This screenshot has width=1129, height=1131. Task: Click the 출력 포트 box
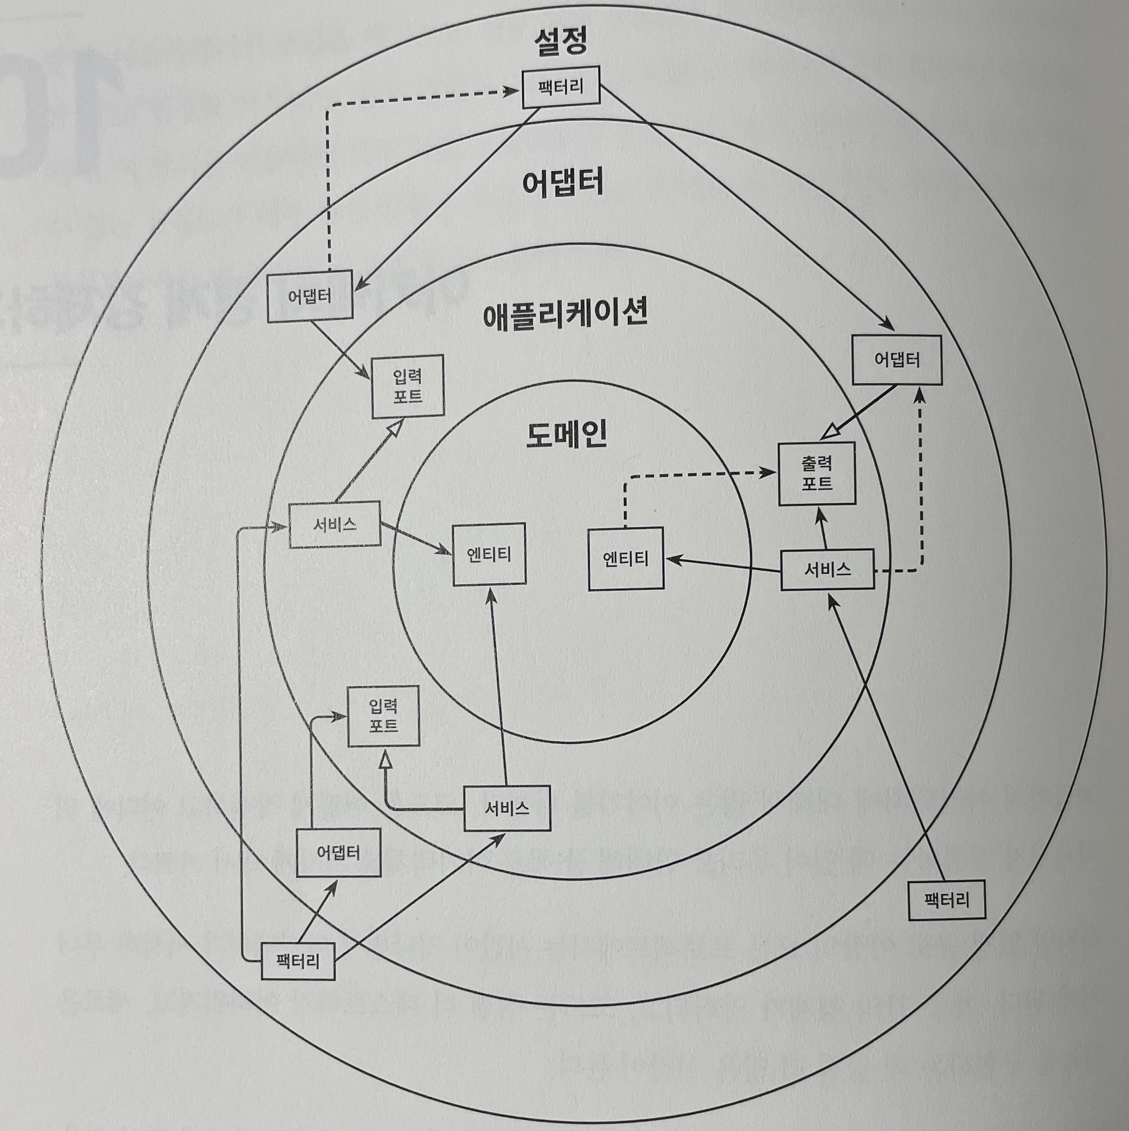[816, 473]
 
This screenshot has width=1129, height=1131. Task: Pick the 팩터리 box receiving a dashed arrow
[561, 87]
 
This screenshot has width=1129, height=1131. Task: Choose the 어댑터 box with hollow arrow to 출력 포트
[896, 360]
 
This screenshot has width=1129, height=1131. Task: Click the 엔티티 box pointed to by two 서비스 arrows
[489, 554]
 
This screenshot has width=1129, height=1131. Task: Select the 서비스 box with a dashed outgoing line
[828, 569]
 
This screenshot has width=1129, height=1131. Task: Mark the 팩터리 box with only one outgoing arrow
[946, 900]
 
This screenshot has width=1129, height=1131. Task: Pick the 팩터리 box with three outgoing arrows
[298, 961]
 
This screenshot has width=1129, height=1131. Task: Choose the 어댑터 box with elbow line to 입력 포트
[338, 852]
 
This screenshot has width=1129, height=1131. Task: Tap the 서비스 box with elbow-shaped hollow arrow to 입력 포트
[507, 808]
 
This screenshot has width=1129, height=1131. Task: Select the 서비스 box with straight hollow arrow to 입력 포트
[335, 525]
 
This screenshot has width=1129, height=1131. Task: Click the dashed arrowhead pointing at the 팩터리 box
[513, 91]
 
